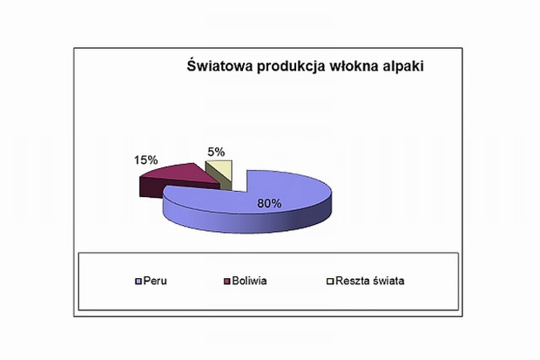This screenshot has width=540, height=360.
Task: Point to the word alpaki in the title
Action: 403,67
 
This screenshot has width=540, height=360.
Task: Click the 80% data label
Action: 269,203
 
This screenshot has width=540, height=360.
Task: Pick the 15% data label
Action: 145,160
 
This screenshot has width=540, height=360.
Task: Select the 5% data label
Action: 216,152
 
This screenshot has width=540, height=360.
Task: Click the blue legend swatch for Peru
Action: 138,282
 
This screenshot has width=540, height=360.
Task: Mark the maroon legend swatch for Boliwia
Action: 226,282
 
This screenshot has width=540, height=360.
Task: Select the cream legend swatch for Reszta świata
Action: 330,282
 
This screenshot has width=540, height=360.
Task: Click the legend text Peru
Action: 155,281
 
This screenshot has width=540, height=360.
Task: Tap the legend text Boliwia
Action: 249,281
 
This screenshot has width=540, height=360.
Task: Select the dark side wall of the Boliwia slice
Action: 152,188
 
